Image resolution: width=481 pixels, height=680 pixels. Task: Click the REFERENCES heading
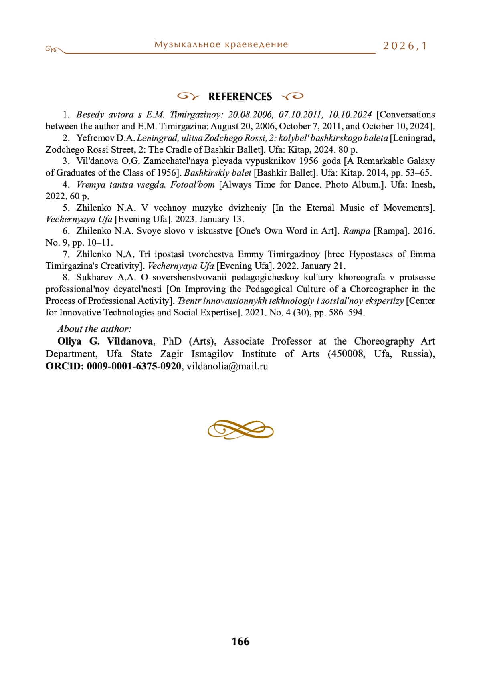click(240, 97)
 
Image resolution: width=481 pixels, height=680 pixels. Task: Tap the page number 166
click(240, 642)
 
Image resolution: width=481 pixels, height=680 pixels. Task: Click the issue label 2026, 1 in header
click(405, 46)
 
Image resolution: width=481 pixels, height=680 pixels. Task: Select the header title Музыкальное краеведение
click(221, 44)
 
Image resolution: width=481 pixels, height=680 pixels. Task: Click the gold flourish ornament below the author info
click(240, 430)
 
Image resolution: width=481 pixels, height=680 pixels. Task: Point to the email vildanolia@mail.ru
click(227, 366)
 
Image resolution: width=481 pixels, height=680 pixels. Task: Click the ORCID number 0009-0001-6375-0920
click(134, 366)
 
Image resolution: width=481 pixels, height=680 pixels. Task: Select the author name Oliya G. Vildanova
click(105, 341)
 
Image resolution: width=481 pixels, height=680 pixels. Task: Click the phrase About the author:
click(94, 329)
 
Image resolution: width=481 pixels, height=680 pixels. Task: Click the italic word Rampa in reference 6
click(357, 231)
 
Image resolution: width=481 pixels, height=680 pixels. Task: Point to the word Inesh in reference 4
click(422, 184)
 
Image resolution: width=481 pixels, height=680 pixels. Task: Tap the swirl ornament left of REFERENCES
click(188, 96)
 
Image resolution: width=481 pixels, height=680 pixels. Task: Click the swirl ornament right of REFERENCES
click(293, 96)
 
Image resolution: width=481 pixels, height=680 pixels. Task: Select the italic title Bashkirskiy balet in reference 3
click(218, 173)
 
